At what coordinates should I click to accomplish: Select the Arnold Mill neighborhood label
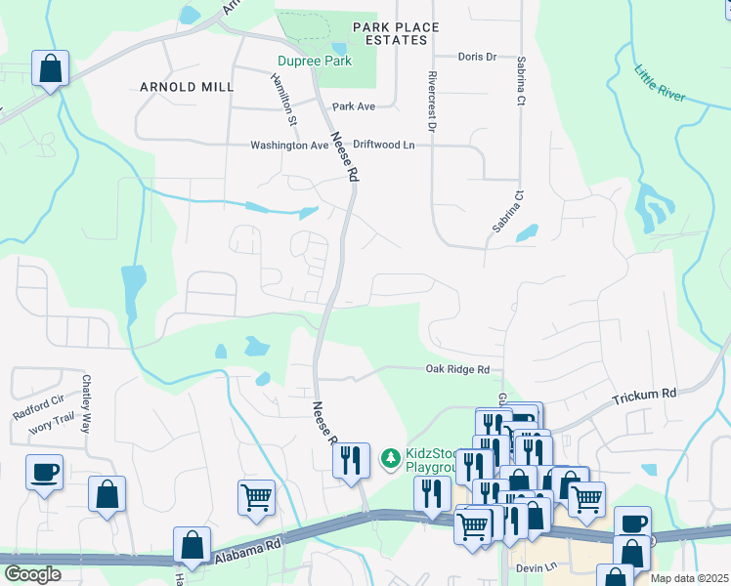[187, 87]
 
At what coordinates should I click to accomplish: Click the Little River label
[661, 85]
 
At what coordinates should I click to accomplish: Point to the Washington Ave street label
[289, 146]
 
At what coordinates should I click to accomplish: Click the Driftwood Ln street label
[384, 145]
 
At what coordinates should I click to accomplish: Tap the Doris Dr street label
[477, 58]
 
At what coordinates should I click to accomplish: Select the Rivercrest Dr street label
[430, 101]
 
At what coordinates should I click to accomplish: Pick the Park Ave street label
[354, 105]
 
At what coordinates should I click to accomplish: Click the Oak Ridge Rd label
[456, 369]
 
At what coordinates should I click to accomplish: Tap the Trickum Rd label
[644, 396]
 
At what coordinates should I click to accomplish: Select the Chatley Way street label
[87, 404]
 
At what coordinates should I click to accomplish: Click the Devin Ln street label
[537, 566]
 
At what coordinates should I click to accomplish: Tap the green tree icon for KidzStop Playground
[390, 457]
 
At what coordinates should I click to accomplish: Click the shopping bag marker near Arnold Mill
[49, 69]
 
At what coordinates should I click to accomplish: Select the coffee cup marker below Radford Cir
[45, 472]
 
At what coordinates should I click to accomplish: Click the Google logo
[32, 574]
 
